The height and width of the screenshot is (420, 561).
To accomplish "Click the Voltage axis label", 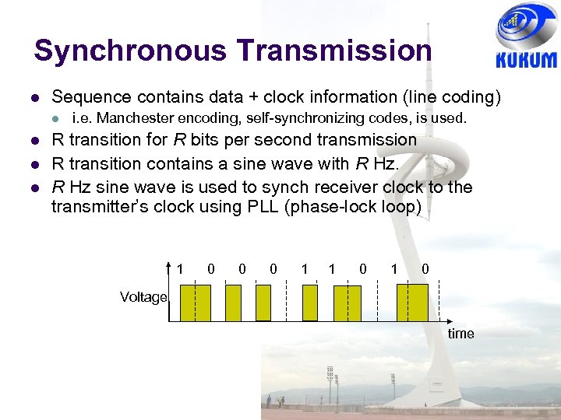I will (143, 297).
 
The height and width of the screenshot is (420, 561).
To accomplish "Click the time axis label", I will (460, 334).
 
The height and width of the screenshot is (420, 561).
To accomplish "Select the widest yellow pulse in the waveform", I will (412, 303).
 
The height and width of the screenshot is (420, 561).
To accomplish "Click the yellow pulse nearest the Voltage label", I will (195, 303).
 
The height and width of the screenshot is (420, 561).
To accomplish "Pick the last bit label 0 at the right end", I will (424, 269).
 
